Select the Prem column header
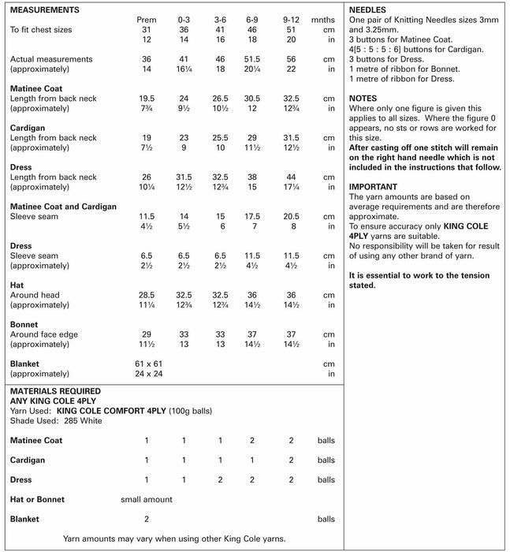point(146,19)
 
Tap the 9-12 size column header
point(291,19)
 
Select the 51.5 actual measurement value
point(253,59)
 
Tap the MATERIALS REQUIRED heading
point(54,390)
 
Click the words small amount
point(146,499)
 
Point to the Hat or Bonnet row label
point(37,499)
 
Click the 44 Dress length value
point(291,177)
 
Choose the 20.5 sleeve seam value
point(291,215)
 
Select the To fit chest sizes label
point(42,29)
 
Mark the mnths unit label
point(323,19)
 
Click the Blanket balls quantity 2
point(146,519)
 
